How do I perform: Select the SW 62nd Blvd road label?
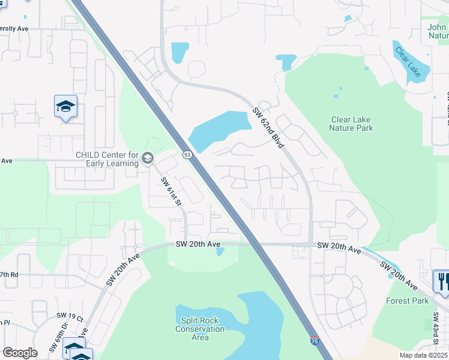coord(268,128)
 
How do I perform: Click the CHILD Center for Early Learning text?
coord(107,159)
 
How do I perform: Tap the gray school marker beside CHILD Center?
coord(147,158)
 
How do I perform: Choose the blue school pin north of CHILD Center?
coord(65,107)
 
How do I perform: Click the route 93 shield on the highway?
coord(187,155)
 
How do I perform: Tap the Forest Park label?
coord(408,301)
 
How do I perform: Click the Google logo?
coord(20,353)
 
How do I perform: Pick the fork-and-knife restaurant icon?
coord(442,280)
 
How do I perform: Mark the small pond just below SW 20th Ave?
coord(220,251)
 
